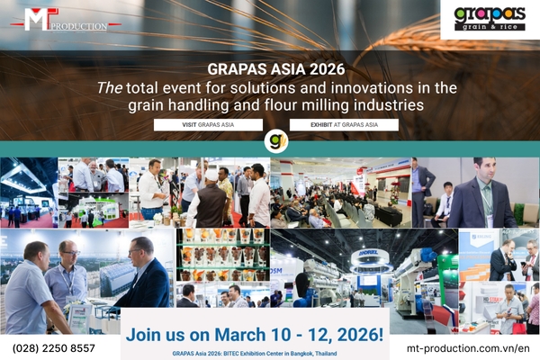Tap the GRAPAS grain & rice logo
489,18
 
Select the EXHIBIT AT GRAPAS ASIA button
344,125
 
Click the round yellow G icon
276,142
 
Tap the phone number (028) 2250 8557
53,347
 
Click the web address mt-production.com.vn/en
468,347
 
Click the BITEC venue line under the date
255,354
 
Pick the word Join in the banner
144,334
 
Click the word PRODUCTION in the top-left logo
79,26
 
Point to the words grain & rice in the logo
489,27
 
